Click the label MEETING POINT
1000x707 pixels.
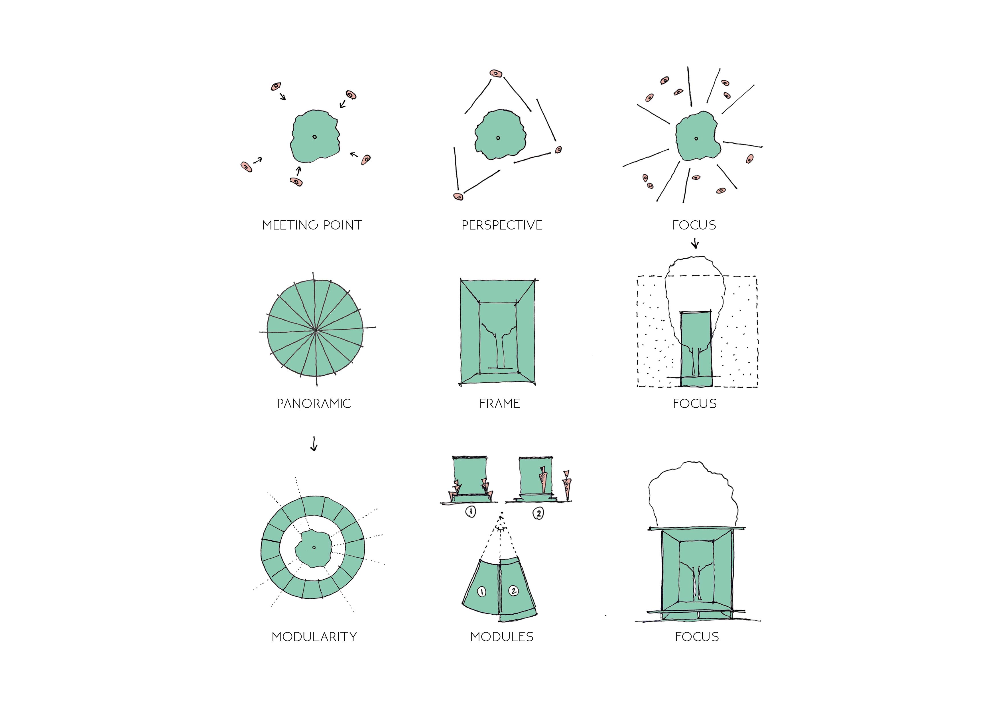pyautogui.click(x=312, y=225)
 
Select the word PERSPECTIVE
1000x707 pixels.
pyautogui.click(x=502, y=225)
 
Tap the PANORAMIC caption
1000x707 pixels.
pyautogui.click(x=314, y=404)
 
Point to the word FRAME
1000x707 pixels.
pyautogui.click(x=499, y=404)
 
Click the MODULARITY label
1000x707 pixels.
pyautogui.click(x=314, y=637)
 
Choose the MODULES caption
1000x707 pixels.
pyautogui.click(x=502, y=637)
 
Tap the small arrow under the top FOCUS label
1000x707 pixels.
pyautogui.click(x=695, y=243)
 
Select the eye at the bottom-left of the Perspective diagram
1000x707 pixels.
pyautogui.click(x=458, y=196)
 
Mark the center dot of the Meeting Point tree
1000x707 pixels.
pyautogui.click(x=314, y=137)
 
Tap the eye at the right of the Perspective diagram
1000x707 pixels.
pyautogui.click(x=558, y=150)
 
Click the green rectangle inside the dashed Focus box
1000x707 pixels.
pyautogui.click(x=696, y=348)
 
